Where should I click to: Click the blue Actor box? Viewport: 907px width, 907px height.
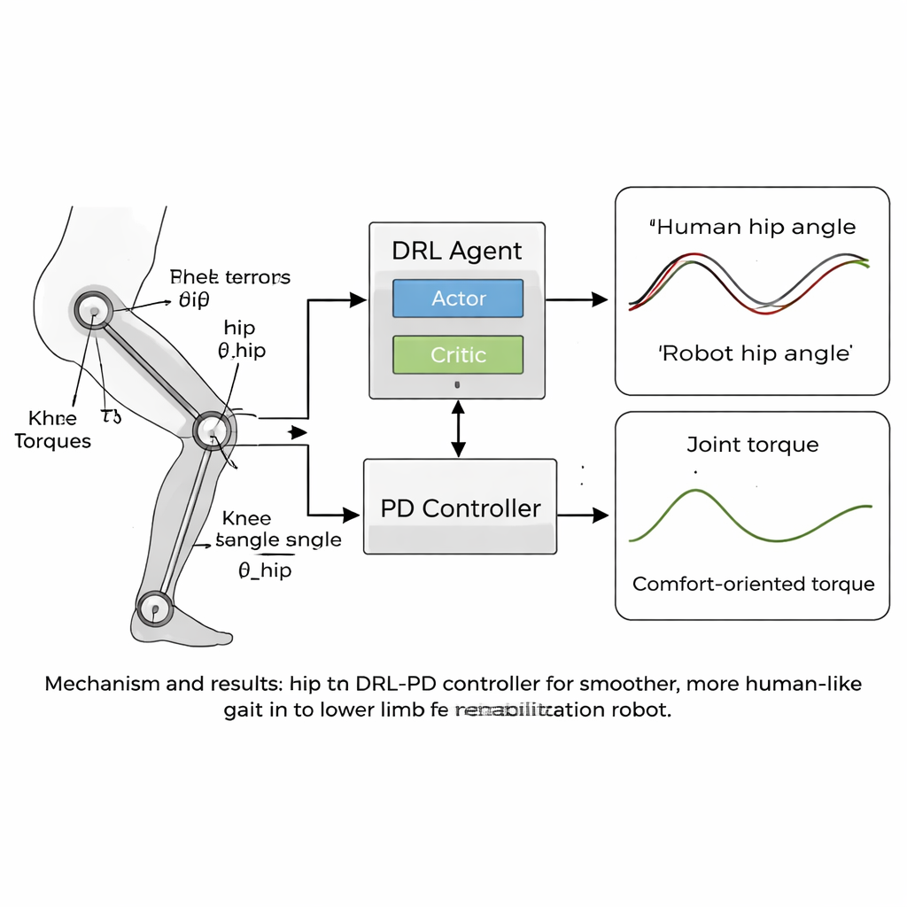coord(458,298)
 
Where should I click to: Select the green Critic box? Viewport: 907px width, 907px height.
coord(458,355)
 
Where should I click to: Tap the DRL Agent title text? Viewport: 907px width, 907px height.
coord(456,251)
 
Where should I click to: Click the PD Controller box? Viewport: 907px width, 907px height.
coord(461,508)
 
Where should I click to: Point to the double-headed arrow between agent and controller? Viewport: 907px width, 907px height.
coord(458,429)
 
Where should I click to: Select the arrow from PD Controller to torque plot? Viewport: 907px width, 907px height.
coord(584,514)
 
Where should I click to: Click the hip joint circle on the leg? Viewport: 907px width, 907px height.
coord(91,310)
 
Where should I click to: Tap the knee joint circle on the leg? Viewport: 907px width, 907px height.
coord(213,430)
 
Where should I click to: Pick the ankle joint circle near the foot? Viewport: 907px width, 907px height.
coord(156,609)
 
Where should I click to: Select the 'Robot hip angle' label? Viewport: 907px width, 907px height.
coord(755,353)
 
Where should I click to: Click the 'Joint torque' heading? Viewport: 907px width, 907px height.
coord(753,445)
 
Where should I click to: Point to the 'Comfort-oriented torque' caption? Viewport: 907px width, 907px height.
coord(753,584)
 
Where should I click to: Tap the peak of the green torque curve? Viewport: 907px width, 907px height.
coord(696,491)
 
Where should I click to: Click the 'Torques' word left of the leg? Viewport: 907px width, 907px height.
coord(53,441)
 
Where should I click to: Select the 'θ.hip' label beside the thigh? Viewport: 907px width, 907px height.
coord(241,351)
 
